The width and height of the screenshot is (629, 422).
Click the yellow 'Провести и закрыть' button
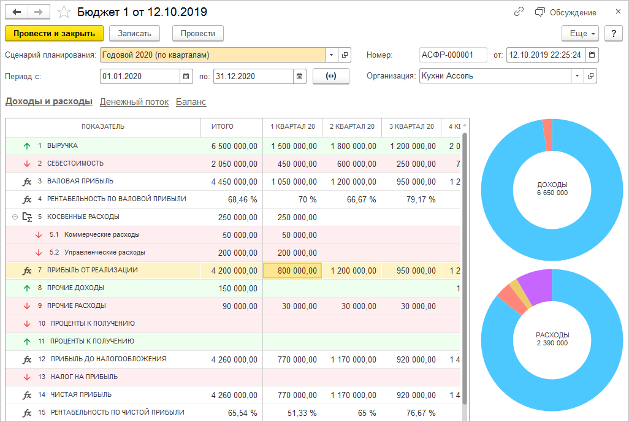pos(54,33)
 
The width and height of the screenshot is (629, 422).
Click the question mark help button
pos(613,34)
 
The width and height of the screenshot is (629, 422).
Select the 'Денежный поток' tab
pos(134,102)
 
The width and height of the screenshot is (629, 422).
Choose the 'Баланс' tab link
pos(191,102)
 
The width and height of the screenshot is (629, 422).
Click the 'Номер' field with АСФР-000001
pos(452,55)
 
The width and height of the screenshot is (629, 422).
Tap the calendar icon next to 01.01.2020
pos(186,77)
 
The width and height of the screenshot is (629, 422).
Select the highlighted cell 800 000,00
pos(292,270)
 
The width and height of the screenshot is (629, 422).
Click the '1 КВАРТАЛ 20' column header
pos(292,126)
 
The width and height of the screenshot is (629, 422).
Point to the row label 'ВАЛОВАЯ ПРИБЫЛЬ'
pos(80,182)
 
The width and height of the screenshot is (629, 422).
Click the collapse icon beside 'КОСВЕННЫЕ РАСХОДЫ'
pos(15,217)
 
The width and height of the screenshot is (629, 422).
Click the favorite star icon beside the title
pos(64,12)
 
